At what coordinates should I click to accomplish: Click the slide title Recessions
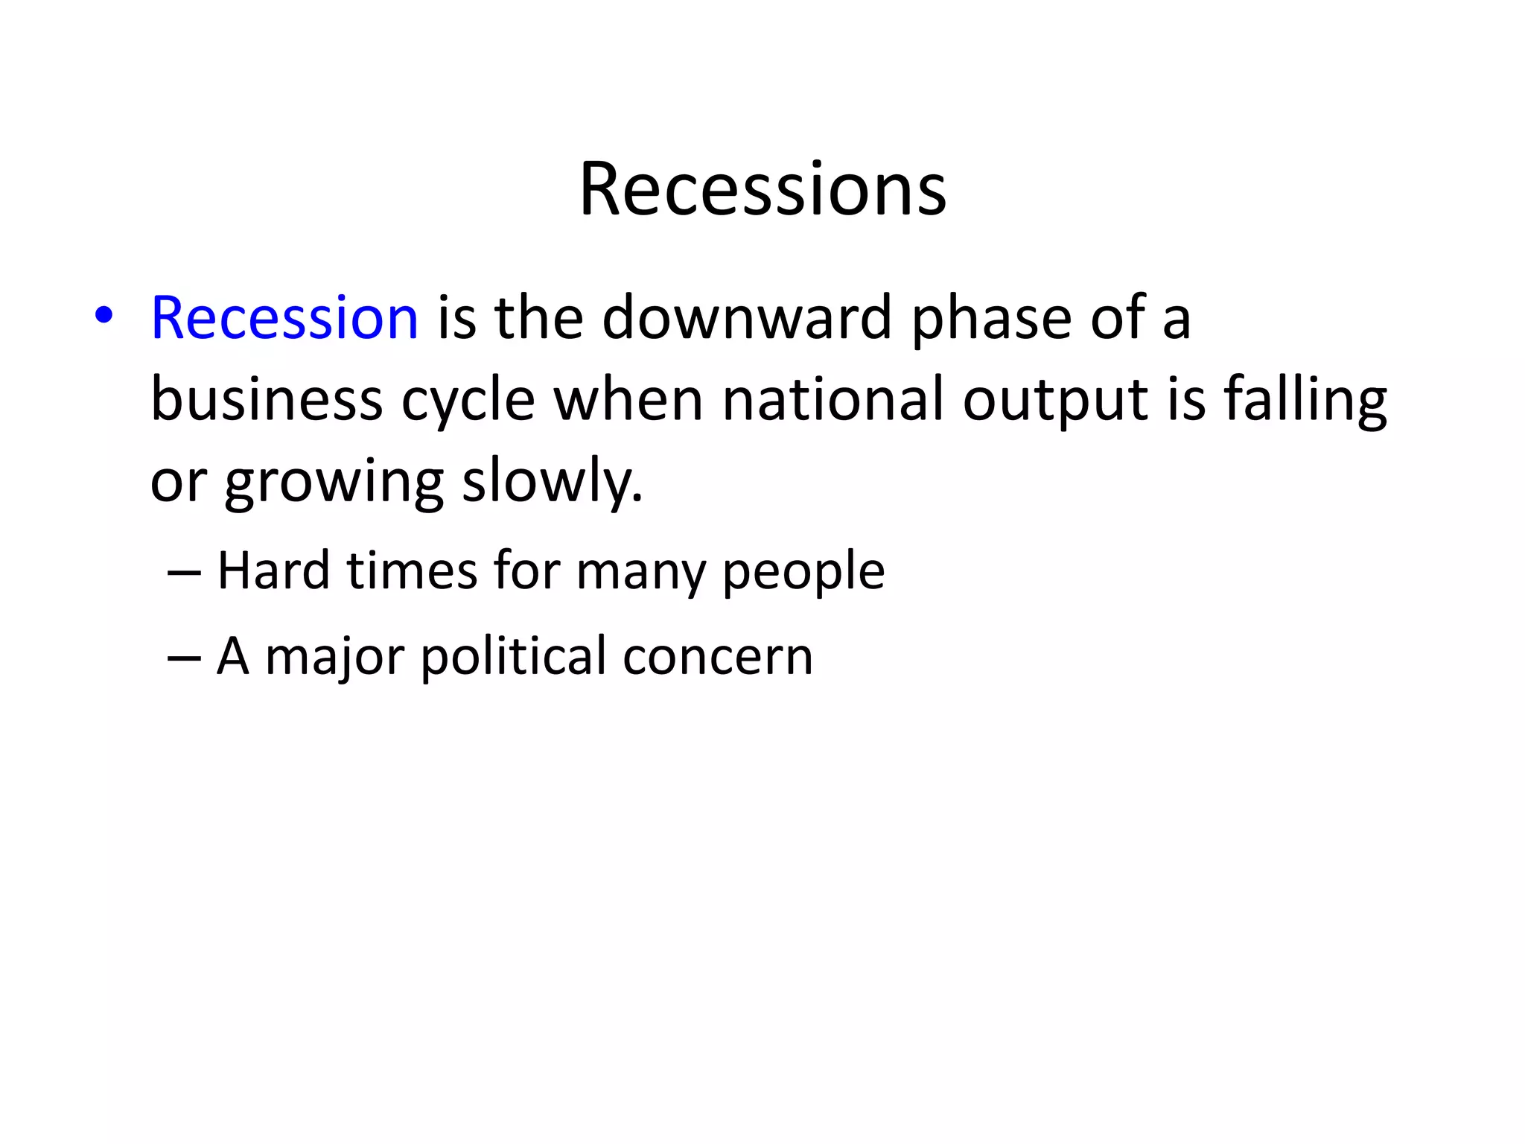[x=762, y=190]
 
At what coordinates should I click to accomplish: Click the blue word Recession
[x=284, y=318]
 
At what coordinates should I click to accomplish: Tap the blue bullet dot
[x=104, y=316]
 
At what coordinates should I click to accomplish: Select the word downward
[x=746, y=318]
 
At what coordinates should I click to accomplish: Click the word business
[x=267, y=399]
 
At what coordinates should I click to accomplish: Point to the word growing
[x=334, y=483]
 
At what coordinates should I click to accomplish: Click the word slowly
[x=552, y=483]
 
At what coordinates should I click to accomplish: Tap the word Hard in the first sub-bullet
[x=273, y=571]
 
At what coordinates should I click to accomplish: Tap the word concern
[x=717, y=657]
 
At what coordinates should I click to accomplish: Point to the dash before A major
[x=184, y=658]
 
